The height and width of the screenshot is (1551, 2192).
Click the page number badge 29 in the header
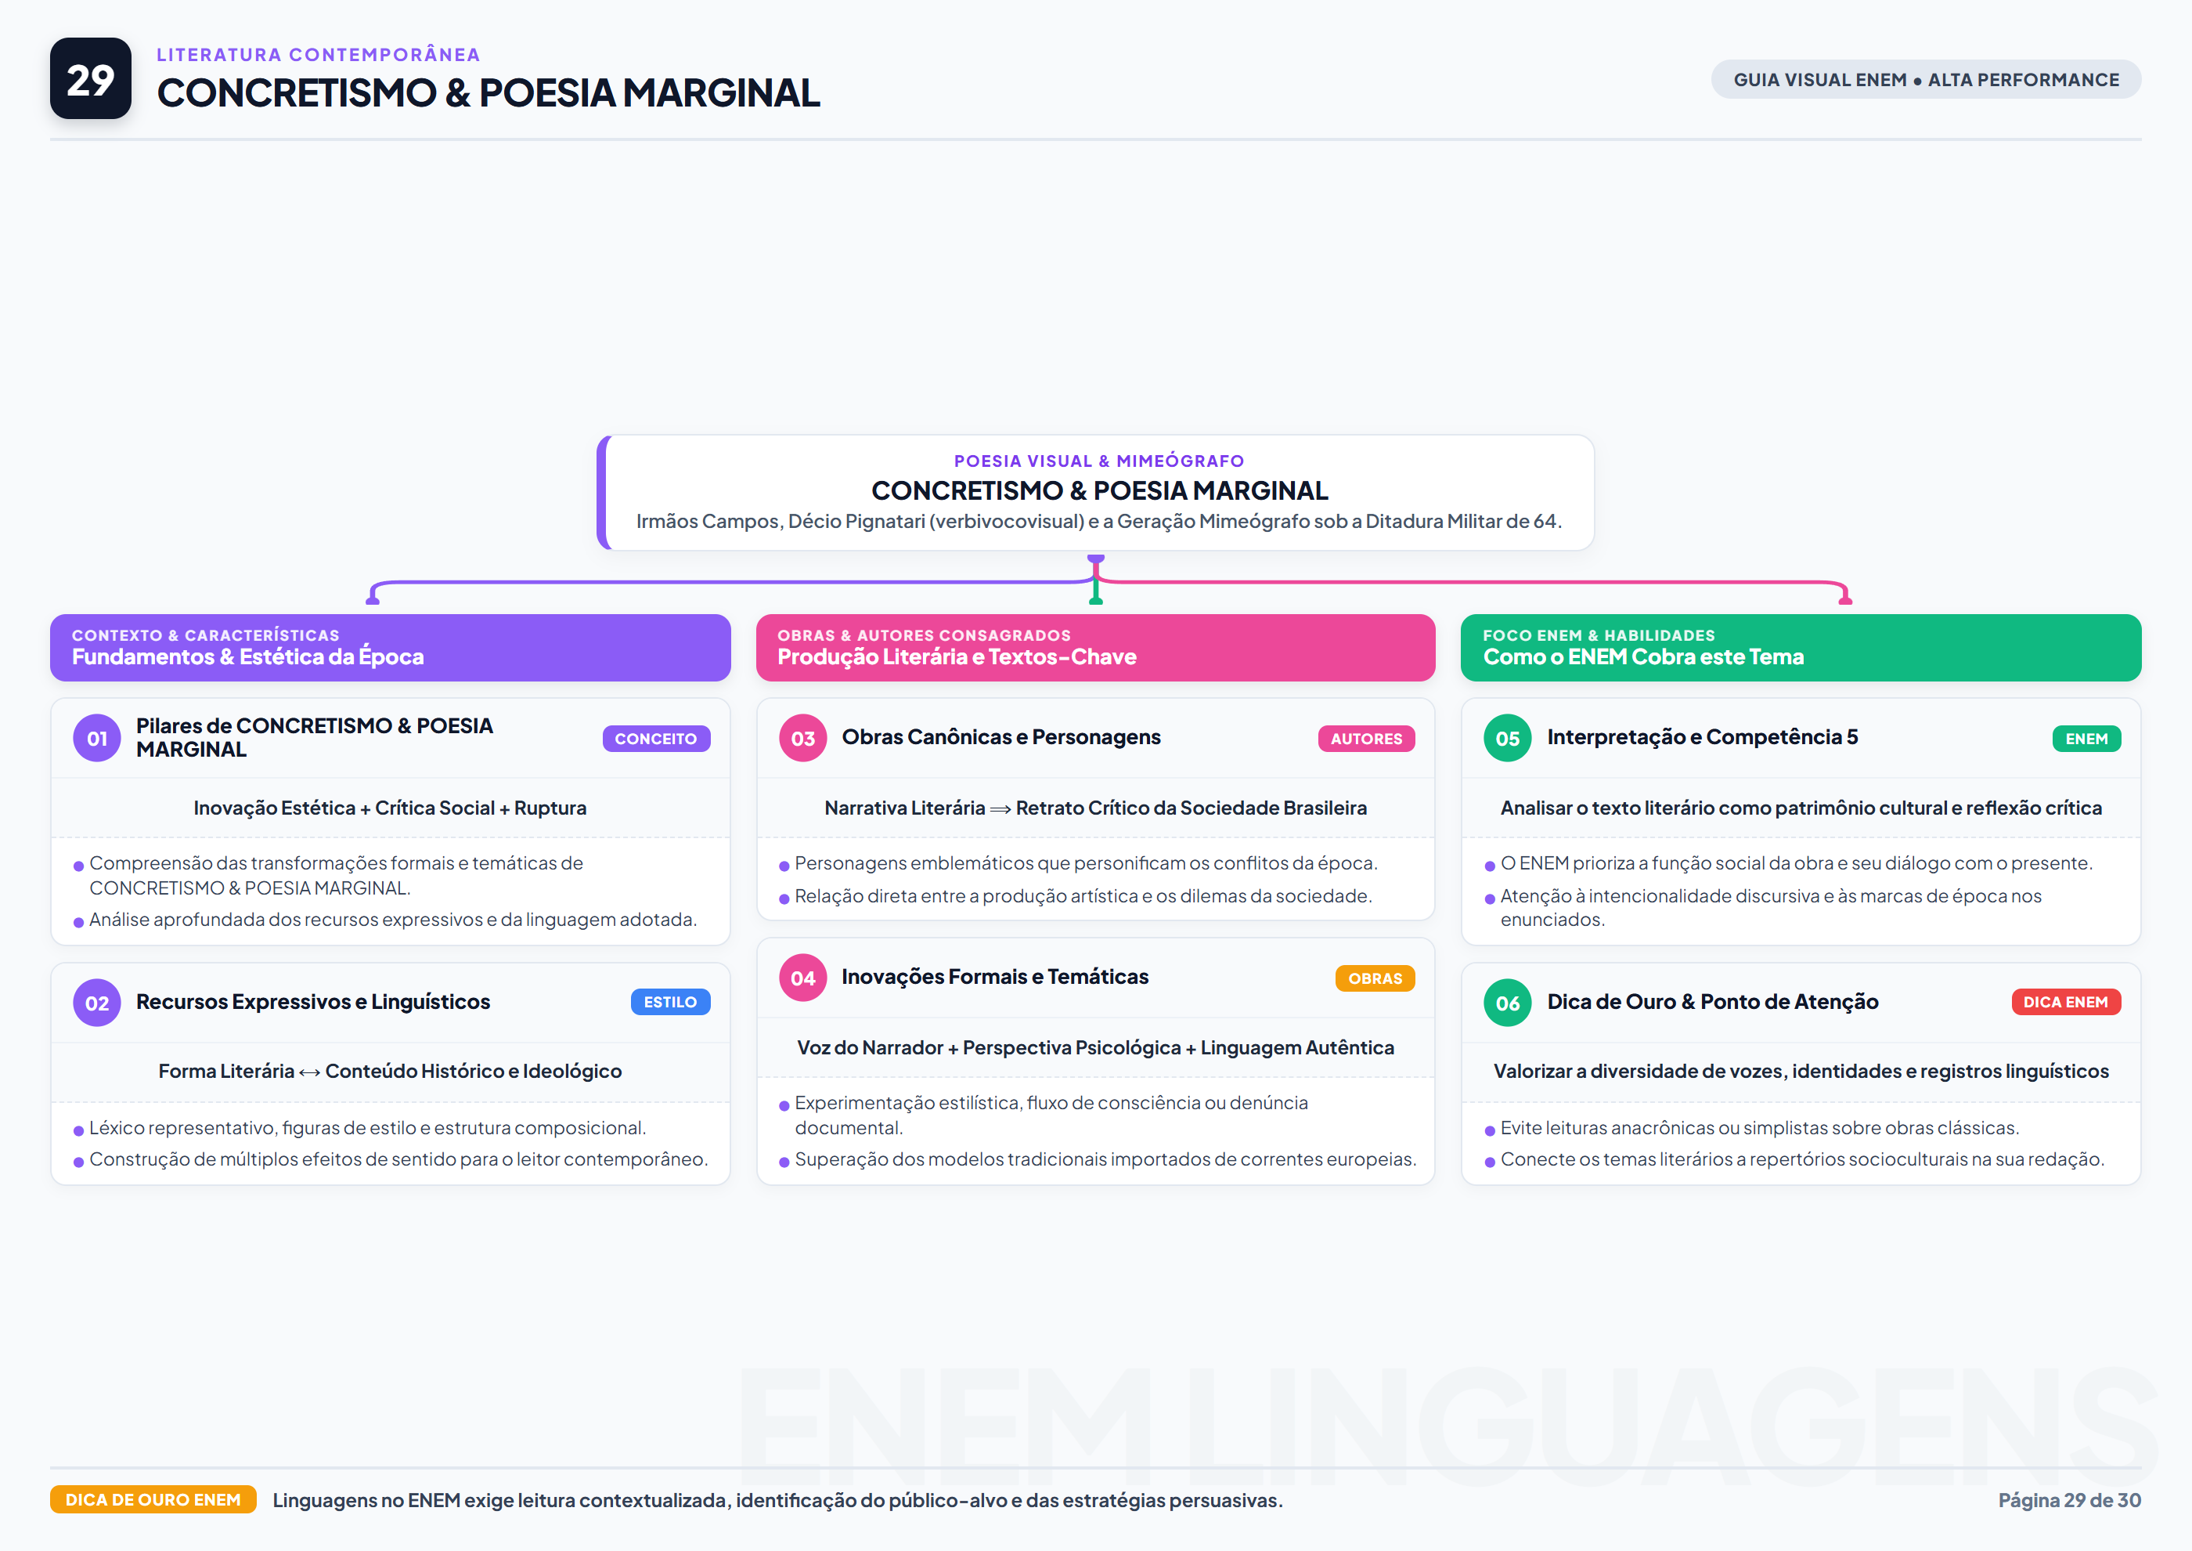(x=91, y=78)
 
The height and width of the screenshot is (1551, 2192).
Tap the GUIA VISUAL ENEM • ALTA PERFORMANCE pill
(x=1926, y=79)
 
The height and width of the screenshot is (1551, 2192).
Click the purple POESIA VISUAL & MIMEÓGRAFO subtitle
(x=1099, y=461)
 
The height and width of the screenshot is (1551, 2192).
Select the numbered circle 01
(x=97, y=738)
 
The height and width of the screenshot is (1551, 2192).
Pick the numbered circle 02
(x=97, y=1003)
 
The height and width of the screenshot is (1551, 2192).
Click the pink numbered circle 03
(x=803, y=738)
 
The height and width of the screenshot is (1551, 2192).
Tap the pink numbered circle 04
(x=803, y=978)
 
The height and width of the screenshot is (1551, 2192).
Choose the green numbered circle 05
(x=1508, y=738)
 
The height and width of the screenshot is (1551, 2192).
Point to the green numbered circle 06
(x=1508, y=1003)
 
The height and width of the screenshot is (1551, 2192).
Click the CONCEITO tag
(x=656, y=738)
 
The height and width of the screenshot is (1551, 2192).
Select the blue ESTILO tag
(x=670, y=1002)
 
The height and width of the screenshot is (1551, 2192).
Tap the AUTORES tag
(x=1366, y=738)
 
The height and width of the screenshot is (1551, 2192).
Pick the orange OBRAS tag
(x=1375, y=978)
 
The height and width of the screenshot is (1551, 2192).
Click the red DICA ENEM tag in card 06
(x=2066, y=1002)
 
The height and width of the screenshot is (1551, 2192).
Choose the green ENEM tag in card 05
(x=2087, y=738)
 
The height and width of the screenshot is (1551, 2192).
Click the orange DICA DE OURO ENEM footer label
(x=153, y=1499)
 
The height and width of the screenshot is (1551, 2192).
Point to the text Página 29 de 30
(x=2069, y=1500)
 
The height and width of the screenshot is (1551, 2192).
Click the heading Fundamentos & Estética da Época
(x=247, y=656)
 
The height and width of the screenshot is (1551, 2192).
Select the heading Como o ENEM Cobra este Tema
(x=1643, y=656)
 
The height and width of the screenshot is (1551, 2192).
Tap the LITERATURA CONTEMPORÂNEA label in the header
(x=318, y=54)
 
